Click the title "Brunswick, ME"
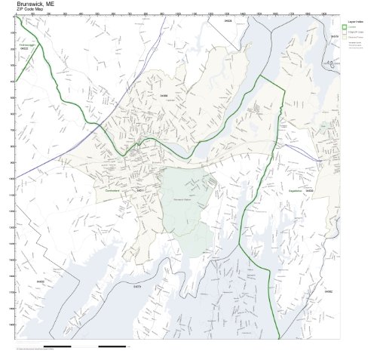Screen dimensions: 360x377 tap(35, 4)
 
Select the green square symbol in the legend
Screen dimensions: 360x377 tap(345, 27)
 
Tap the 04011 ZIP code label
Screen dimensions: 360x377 tap(139, 190)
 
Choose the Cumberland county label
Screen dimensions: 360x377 tap(114, 189)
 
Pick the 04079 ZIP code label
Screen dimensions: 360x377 tap(137, 287)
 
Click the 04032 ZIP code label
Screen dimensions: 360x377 tap(40, 282)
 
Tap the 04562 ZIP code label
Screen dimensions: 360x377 tap(328, 291)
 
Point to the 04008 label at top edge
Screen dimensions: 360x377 tap(228, 21)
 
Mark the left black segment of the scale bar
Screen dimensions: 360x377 tap(57, 347)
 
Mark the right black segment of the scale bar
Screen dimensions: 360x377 tap(112, 347)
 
